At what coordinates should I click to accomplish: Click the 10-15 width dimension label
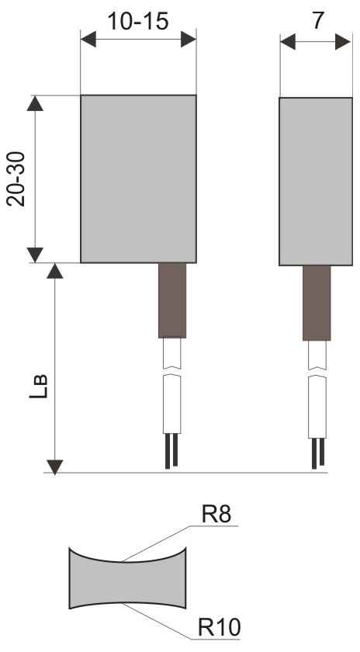(138, 21)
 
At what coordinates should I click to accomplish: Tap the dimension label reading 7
(317, 20)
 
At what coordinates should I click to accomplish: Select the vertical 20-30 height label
(16, 179)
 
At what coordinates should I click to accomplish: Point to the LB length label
(38, 387)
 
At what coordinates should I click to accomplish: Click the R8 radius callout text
(216, 515)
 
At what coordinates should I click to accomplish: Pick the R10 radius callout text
(219, 627)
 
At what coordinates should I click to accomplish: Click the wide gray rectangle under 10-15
(138, 179)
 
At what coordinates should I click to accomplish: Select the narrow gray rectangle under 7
(316, 182)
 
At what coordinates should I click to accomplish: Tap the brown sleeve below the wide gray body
(172, 300)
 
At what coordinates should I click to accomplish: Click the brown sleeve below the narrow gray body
(317, 303)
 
